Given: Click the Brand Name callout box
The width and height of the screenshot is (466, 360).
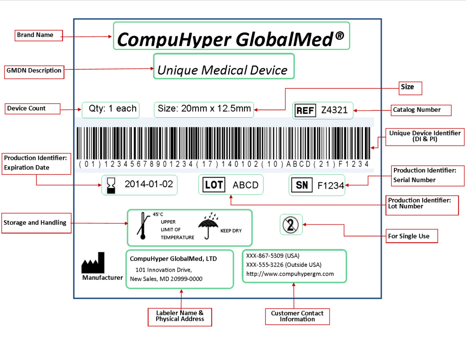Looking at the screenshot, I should tap(39, 35).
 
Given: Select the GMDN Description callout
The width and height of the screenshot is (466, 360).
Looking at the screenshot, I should tap(34, 71).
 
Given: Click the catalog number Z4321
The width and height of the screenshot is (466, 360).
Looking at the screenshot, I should tap(334, 110).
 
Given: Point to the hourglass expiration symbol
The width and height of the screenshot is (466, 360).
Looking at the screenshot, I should tap(111, 185).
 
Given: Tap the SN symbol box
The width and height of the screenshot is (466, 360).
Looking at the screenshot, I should tap(302, 185).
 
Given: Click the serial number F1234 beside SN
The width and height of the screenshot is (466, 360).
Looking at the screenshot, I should tap(331, 185).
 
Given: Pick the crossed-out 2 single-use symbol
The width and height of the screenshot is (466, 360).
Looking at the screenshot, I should tap(291, 224).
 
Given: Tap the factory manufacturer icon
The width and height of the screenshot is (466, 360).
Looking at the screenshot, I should tap(93, 263).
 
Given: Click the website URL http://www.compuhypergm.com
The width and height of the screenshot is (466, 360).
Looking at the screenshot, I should tap(290, 274).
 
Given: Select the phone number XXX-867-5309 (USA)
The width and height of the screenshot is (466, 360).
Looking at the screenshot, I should tap(273, 256).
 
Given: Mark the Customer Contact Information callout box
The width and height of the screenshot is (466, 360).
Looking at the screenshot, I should tap(297, 316).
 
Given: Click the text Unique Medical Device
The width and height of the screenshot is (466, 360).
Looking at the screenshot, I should tap(223, 71).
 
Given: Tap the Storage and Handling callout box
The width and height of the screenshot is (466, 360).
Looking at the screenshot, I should tap(36, 223).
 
